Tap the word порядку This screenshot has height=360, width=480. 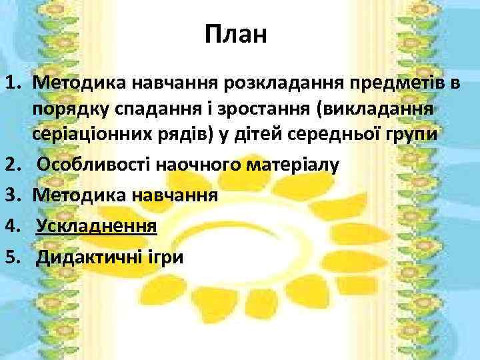73,109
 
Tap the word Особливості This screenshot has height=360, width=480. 97,164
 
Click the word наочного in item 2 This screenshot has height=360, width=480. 199,164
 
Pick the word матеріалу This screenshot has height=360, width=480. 291,164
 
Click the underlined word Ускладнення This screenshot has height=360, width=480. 97,226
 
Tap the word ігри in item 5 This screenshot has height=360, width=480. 163,257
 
